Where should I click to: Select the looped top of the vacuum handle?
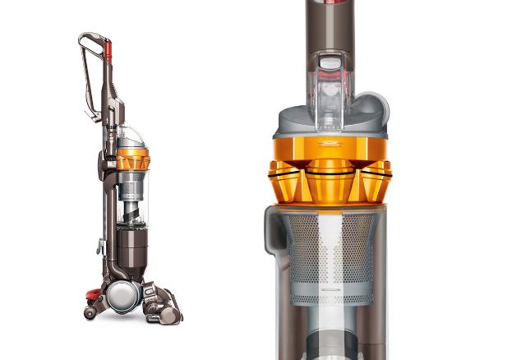[x=91, y=41]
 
